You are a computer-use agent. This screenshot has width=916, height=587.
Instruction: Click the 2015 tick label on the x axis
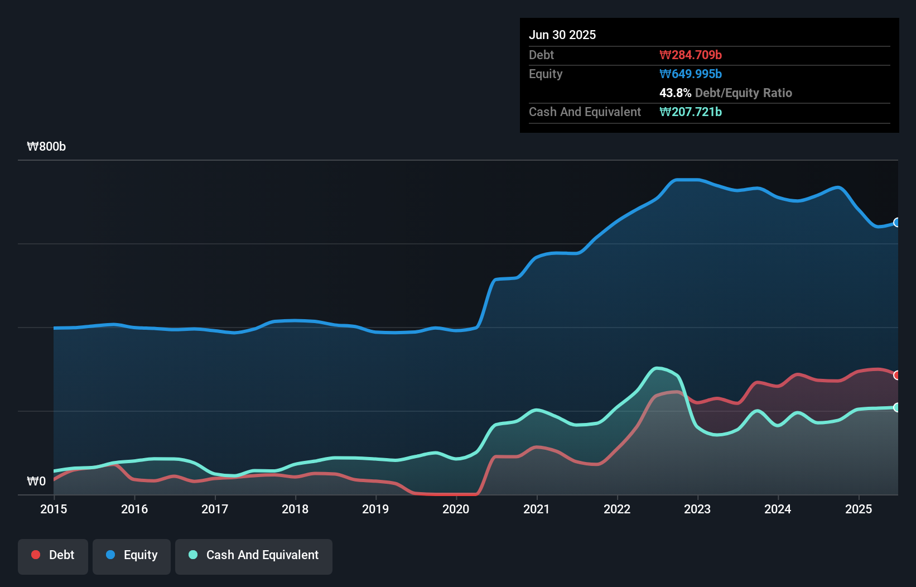(x=54, y=509)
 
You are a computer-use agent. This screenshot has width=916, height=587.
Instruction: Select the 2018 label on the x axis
(x=295, y=509)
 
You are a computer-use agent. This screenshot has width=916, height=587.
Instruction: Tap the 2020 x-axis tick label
(x=456, y=509)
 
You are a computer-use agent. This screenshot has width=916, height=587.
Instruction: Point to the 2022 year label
(x=617, y=509)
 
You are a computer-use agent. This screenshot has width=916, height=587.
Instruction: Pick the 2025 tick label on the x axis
(x=859, y=509)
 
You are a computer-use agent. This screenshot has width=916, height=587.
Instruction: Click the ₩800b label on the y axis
(x=46, y=147)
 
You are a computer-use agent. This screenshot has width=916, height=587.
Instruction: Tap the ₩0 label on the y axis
(x=36, y=481)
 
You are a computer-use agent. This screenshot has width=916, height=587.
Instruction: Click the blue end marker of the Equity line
(x=897, y=223)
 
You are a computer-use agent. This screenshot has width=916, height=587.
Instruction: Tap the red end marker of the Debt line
(x=897, y=375)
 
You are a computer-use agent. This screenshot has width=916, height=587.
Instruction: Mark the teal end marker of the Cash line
(x=897, y=407)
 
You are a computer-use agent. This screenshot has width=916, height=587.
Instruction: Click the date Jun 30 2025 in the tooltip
(x=562, y=35)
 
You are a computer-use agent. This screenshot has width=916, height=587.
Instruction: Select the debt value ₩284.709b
(x=691, y=55)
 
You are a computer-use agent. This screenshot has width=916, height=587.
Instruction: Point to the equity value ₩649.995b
(x=691, y=74)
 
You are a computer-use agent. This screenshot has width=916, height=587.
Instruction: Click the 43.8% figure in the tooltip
(x=675, y=93)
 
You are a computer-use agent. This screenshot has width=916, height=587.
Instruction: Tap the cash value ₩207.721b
(x=691, y=112)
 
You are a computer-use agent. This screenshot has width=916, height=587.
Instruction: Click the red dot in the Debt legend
(x=36, y=555)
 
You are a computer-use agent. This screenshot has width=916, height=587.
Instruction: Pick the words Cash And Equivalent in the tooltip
(x=585, y=112)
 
